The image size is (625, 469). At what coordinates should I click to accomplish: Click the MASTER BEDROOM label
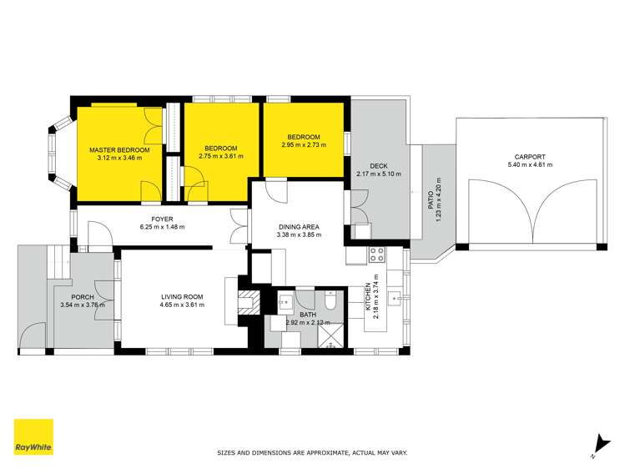(119, 149)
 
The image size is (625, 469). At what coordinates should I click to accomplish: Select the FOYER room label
(163, 220)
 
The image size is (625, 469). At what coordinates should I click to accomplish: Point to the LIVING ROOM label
(183, 296)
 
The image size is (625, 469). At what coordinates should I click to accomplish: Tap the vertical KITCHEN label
(368, 299)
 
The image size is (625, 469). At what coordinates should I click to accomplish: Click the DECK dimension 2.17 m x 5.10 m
(379, 174)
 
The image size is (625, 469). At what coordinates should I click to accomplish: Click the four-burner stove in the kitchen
(376, 254)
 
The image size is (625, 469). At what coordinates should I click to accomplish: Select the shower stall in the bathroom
(331, 335)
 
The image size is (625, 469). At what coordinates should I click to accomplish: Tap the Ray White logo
(33, 436)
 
